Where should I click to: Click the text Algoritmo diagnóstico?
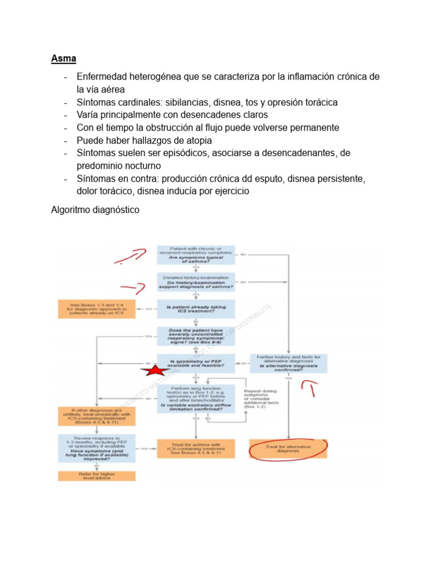click(95, 210)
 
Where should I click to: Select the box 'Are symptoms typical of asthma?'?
click(195, 254)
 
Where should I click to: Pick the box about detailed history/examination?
click(195, 282)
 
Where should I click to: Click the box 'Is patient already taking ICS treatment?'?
click(195, 309)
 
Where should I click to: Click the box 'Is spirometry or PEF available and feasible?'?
click(195, 364)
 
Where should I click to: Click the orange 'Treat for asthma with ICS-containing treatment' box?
click(195, 448)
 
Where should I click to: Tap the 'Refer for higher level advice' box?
click(97, 475)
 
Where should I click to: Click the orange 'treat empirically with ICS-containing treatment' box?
click(97, 418)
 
